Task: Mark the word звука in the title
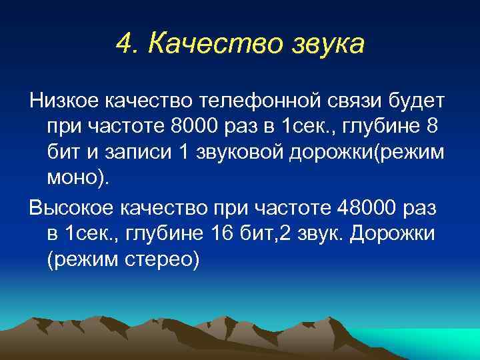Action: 328,45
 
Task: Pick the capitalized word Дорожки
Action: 394,233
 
